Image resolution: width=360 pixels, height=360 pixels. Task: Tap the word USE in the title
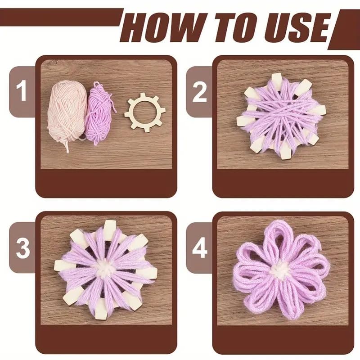tap(297, 27)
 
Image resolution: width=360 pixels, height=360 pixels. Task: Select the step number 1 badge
tap(22, 92)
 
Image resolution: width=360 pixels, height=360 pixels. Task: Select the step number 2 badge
tap(199, 92)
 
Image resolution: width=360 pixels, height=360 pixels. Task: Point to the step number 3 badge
tap(22, 248)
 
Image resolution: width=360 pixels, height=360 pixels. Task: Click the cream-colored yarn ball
tap(67, 112)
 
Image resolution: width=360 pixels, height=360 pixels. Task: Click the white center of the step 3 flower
tap(104, 269)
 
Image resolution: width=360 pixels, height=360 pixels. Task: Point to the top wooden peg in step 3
tap(108, 227)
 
